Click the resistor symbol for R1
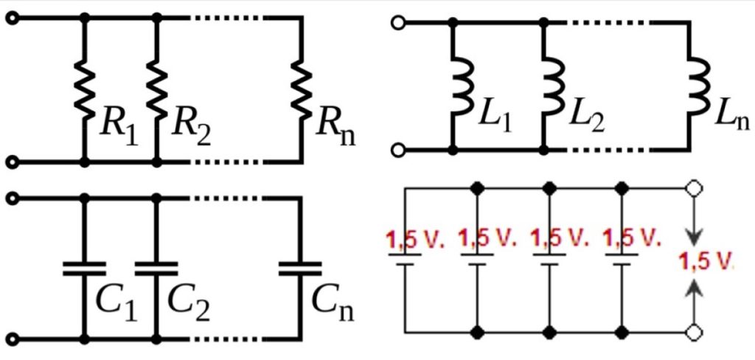[x=86, y=89]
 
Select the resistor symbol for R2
[x=157, y=89]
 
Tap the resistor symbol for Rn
[x=301, y=89]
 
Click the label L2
[x=586, y=118]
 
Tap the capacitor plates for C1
[x=86, y=269]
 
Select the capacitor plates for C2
[x=157, y=269]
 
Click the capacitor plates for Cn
[x=301, y=269]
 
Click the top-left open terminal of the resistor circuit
[x=11, y=18]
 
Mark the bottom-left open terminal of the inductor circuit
[x=399, y=150]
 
